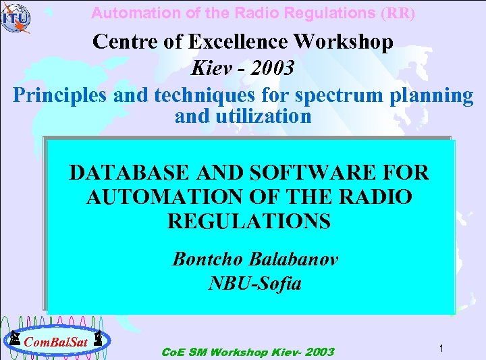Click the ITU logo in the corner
[x=15, y=18]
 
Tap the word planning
[x=432, y=95]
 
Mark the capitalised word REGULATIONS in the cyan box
[x=249, y=221]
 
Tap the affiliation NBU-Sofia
[x=254, y=283]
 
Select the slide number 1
[x=439, y=348]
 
